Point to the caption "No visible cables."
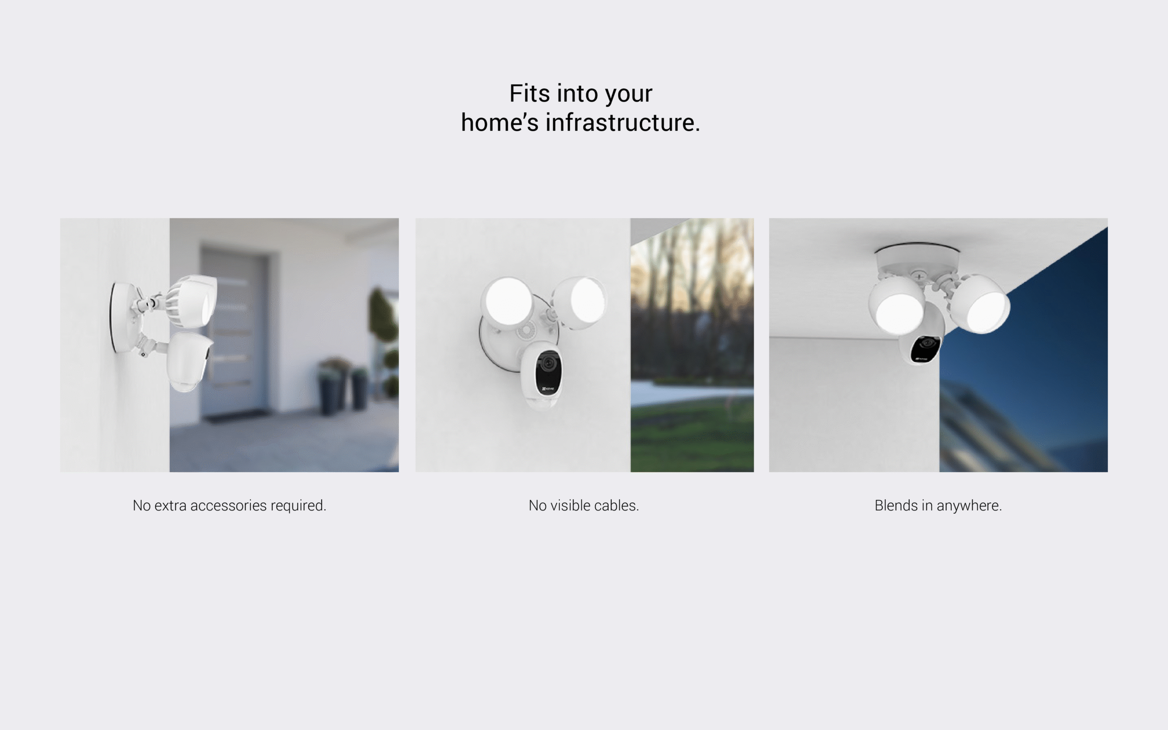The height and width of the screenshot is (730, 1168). [x=584, y=506]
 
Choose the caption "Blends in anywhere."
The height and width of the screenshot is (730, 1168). [x=938, y=506]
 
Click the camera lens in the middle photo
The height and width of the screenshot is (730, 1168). [x=547, y=363]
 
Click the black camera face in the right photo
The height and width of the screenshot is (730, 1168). [x=926, y=349]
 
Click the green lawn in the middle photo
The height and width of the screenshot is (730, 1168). [x=692, y=434]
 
